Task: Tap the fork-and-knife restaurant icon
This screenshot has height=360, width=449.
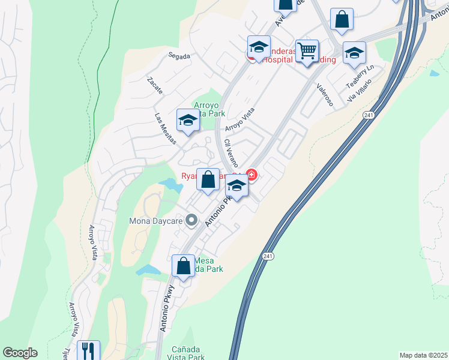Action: (88, 350)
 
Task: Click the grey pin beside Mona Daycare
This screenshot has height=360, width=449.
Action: (192, 220)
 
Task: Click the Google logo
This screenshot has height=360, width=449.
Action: (20, 353)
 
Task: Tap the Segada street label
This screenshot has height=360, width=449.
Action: (179, 56)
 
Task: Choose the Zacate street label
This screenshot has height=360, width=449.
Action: (154, 85)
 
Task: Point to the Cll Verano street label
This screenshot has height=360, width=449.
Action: (231, 153)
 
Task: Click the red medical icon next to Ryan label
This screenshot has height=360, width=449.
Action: (252, 176)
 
